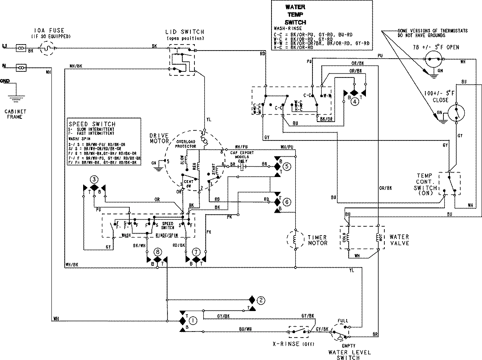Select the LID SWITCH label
184,32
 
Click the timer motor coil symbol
295,240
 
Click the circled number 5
286,165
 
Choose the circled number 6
286,203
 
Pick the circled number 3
94,179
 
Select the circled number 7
196,252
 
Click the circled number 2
261,300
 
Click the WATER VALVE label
399,240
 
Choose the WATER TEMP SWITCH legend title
295,14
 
